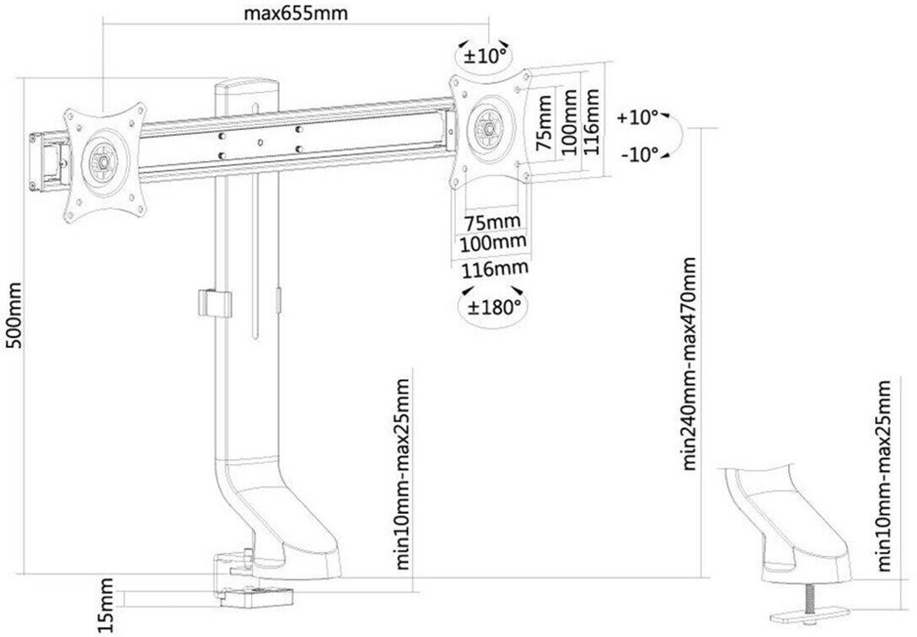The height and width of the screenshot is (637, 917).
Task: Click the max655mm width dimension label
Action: click(295, 13)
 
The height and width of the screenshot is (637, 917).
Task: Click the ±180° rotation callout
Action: click(493, 306)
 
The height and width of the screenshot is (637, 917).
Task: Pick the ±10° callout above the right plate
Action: click(485, 56)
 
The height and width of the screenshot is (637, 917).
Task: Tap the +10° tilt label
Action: click(637, 117)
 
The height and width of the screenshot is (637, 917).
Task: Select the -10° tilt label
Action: click(640, 155)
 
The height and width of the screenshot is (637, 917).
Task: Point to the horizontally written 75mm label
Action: click(492, 222)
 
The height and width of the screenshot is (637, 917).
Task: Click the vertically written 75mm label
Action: click(544, 123)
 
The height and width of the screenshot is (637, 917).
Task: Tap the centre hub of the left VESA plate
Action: click(103, 159)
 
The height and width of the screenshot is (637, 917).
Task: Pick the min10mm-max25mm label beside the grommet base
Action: click(883, 476)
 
